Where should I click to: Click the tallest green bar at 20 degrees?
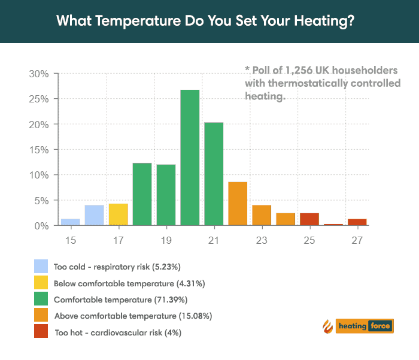click(190, 158)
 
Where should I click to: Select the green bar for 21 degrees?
click(214, 174)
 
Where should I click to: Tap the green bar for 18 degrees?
click(142, 194)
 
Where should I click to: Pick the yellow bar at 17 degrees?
click(118, 214)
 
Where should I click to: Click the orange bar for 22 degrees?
click(238, 204)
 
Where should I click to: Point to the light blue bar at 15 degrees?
click(70, 222)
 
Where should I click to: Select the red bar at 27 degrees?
click(357, 222)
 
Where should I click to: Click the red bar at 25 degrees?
click(309, 219)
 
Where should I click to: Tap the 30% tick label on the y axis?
click(38, 74)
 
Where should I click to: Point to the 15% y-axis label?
click(38, 150)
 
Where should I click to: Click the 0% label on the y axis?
click(41, 226)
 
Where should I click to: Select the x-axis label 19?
click(166, 240)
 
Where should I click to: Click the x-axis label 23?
click(262, 240)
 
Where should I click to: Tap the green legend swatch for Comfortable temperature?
click(41, 298)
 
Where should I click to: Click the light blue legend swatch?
click(41, 266)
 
